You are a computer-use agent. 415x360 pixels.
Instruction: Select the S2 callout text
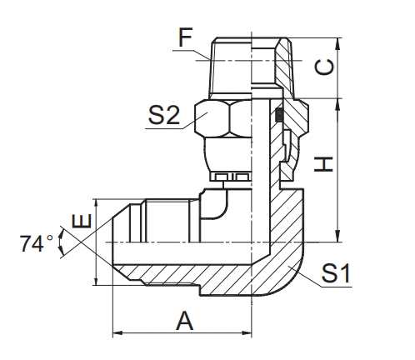click(165, 117)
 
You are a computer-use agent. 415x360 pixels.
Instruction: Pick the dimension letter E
click(81, 222)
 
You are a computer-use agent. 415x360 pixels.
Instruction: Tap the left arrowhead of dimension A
click(117, 334)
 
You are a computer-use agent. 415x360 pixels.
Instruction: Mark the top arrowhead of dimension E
click(98, 203)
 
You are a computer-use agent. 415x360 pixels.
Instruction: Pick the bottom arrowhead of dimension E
click(98, 283)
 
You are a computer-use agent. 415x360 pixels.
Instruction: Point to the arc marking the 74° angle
click(61, 243)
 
